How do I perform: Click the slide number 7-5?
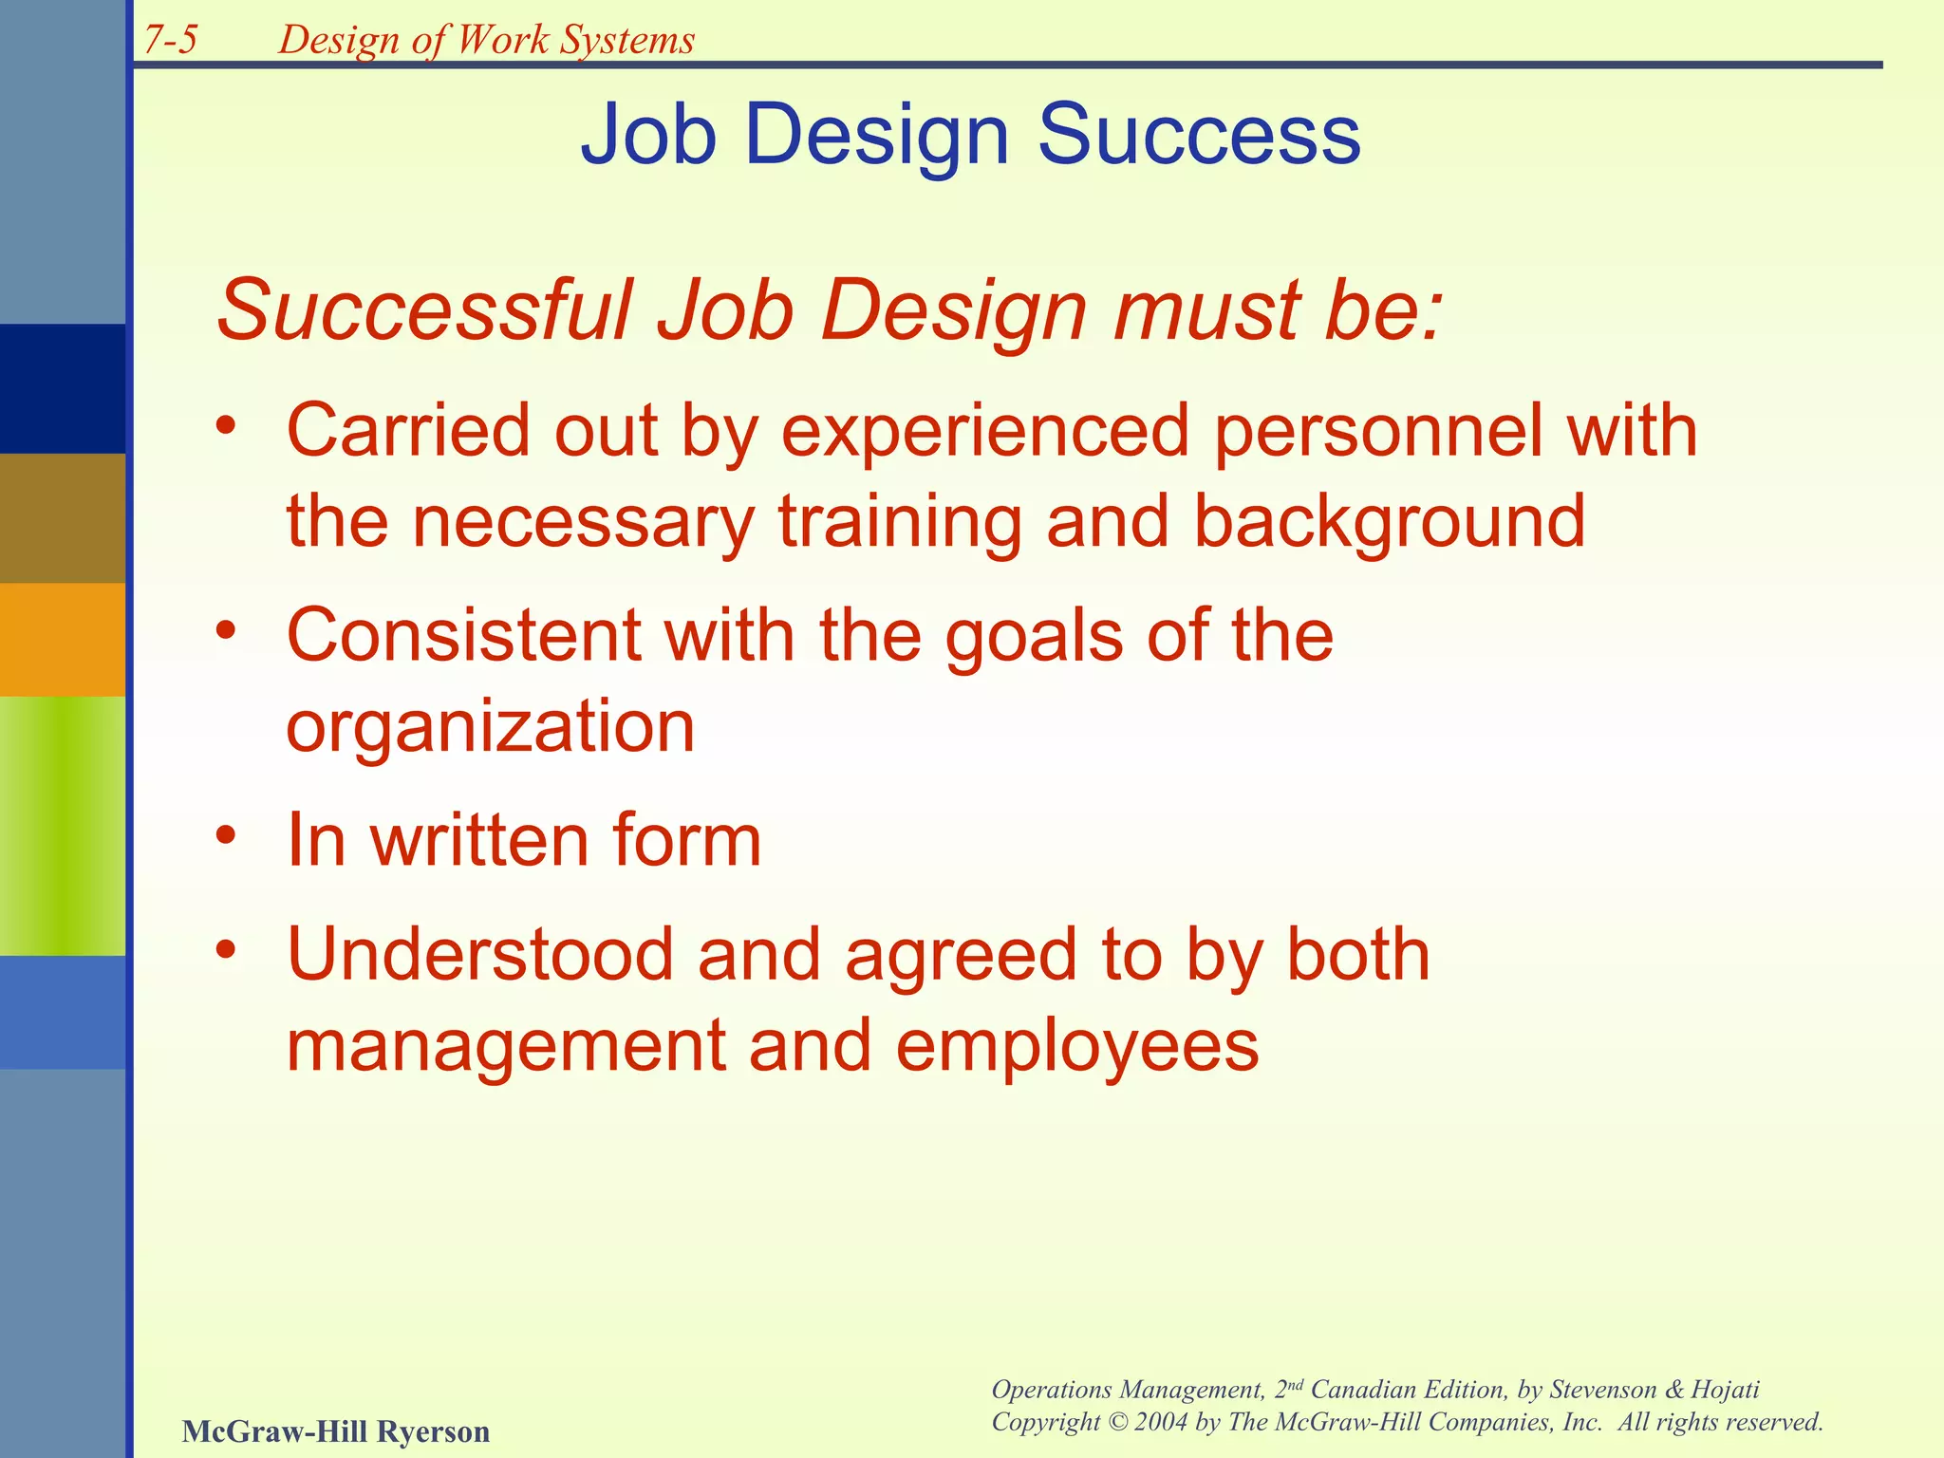(171, 40)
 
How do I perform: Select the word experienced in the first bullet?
(985, 432)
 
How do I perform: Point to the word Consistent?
(463, 635)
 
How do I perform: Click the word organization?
(491, 727)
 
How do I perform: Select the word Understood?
(479, 955)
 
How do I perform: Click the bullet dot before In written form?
(225, 835)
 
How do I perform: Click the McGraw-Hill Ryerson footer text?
(336, 1430)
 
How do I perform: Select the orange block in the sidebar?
(63, 639)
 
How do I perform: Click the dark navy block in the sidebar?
(63, 388)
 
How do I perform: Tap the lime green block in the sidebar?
(63, 825)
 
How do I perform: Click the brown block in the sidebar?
(63, 517)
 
